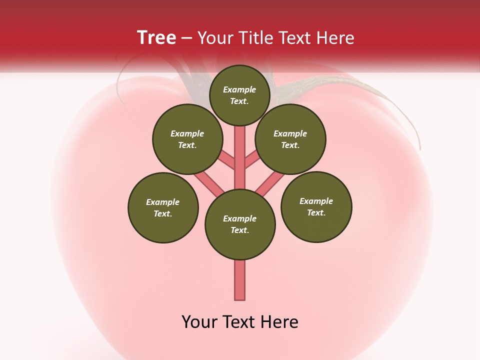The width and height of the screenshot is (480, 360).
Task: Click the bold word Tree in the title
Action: click(x=156, y=37)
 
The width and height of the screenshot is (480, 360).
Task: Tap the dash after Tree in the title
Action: click(x=187, y=38)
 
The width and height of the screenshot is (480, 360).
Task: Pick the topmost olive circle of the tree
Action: click(x=239, y=95)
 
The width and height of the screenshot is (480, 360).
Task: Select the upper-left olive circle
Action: click(x=187, y=139)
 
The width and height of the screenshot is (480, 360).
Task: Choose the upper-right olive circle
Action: click(x=290, y=139)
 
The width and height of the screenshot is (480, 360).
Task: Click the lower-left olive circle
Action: click(x=163, y=207)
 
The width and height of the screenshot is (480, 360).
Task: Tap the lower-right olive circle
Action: click(x=316, y=206)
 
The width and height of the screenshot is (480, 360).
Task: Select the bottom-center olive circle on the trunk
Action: click(x=240, y=224)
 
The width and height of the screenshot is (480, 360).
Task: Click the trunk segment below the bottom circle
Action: click(x=240, y=280)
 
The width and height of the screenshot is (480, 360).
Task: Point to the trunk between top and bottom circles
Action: click(x=240, y=160)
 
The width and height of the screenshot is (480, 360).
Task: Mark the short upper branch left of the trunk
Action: click(x=227, y=160)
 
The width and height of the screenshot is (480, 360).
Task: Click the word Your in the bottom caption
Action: click(x=199, y=322)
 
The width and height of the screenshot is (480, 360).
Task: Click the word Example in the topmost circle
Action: click(x=239, y=90)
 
